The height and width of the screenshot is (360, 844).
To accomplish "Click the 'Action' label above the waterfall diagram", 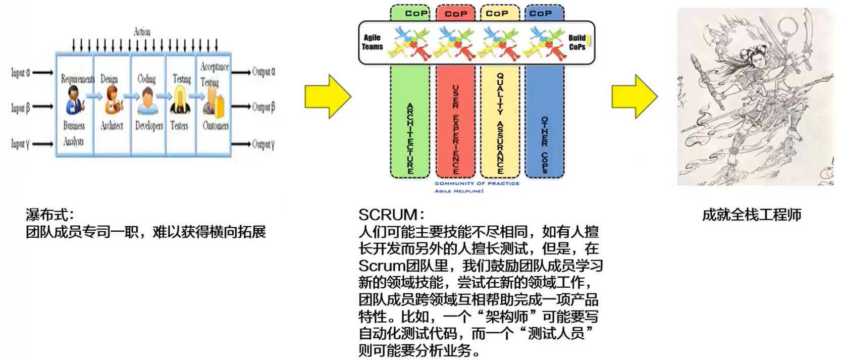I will point(142,32).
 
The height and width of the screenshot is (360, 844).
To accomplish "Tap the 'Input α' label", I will point(20,73).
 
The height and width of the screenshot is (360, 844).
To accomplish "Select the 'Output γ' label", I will point(263,144).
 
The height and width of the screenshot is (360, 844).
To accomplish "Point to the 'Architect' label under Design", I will point(112,126).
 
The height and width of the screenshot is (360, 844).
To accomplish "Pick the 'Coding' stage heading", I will point(146,79).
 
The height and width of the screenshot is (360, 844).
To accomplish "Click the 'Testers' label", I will point(179,126).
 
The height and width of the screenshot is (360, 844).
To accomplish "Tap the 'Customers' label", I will point(216,126).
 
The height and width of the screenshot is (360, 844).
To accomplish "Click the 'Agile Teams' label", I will point(373,42).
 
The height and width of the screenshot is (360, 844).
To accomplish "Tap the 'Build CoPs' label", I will point(577,42).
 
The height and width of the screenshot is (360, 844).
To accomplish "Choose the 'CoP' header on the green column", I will point(416,13).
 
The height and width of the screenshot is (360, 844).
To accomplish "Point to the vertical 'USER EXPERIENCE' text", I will point(455,129).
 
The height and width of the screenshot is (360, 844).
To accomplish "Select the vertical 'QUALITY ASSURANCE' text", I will point(500,123).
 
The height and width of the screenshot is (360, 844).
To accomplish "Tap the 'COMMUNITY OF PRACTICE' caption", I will point(477,183).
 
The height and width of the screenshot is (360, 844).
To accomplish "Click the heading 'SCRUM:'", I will point(391,215).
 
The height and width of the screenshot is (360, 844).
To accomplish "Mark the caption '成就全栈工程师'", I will point(751,215).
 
